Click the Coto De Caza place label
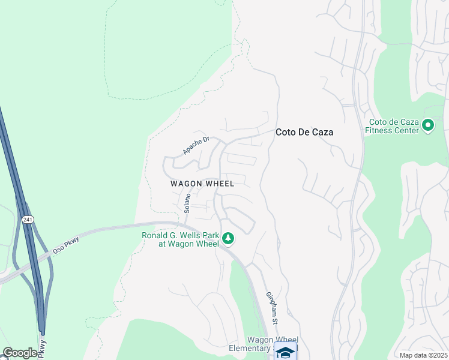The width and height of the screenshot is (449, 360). (304, 132)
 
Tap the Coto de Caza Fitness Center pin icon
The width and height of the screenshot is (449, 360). (428, 125)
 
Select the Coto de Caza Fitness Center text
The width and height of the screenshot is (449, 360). (391, 125)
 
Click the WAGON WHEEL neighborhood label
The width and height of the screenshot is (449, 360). (202, 184)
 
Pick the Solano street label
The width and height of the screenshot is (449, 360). (187, 203)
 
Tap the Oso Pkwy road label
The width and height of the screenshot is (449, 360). (65, 241)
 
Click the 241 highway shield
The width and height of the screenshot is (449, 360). (28, 220)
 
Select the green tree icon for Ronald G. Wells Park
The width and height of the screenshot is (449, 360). (228, 239)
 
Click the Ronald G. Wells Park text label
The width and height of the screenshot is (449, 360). (180, 239)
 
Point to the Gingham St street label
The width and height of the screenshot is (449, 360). (271, 308)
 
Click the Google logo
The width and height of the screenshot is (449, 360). (20, 353)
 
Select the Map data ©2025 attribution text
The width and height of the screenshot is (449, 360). (423, 355)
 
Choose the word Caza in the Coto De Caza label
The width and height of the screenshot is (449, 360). (321, 132)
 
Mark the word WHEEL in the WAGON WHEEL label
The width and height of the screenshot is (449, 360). (220, 184)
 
